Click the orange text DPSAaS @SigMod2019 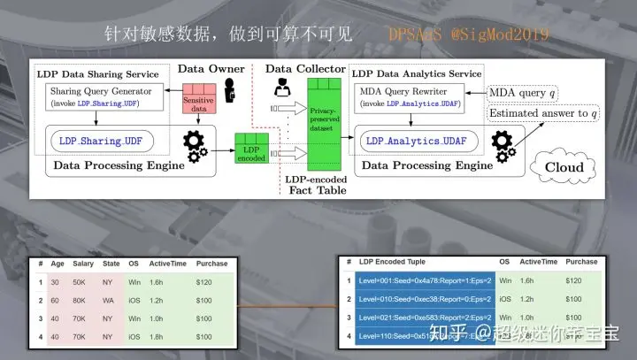coord(468,34)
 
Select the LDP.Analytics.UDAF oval coord(417,140)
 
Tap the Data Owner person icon coord(232,91)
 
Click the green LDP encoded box coord(252,150)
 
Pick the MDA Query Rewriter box coord(414,96)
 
